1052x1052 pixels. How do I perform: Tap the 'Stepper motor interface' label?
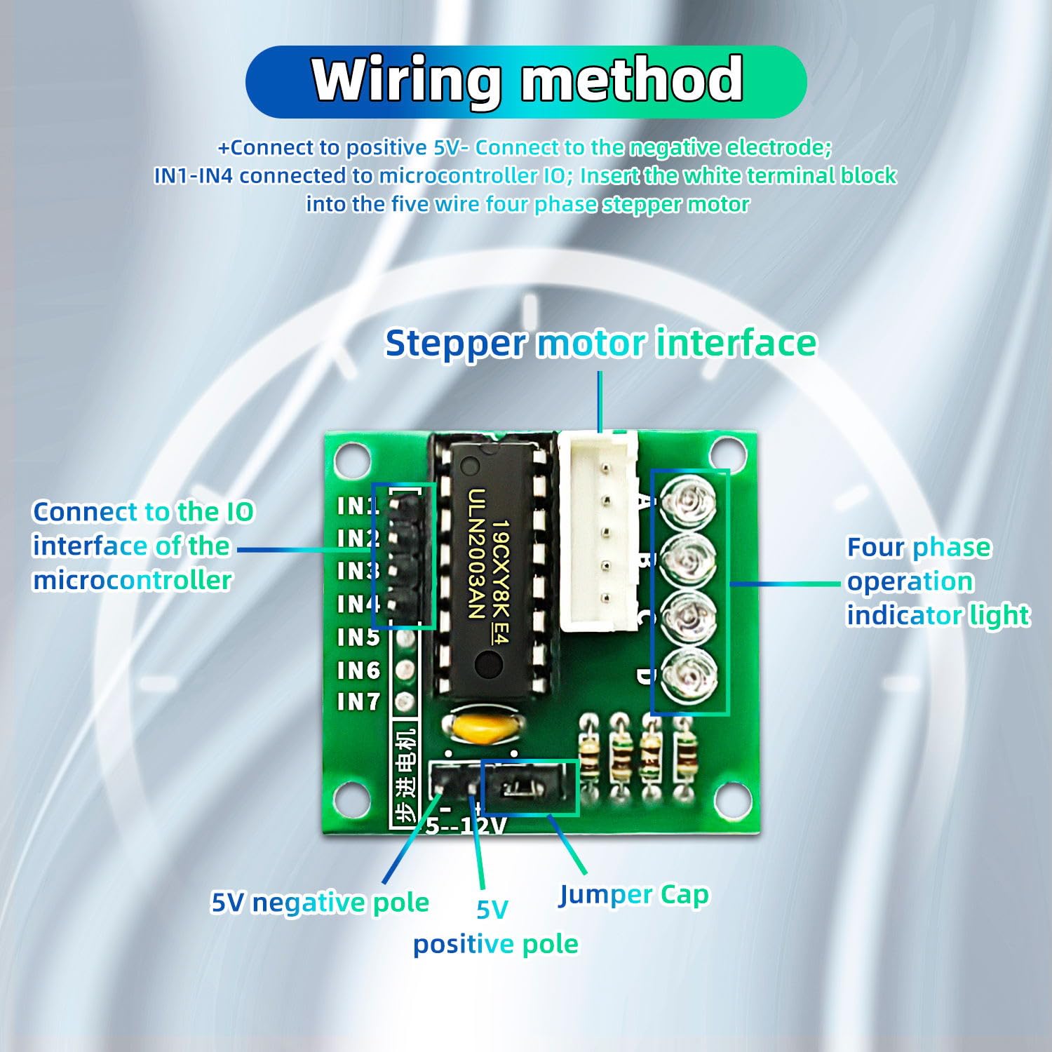601,344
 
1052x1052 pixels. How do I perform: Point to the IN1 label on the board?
358,506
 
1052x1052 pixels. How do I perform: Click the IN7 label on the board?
358,701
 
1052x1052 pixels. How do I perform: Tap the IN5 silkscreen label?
358,637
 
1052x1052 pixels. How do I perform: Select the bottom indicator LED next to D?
689,677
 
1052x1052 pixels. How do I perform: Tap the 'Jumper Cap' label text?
633,895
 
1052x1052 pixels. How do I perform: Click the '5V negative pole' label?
320,903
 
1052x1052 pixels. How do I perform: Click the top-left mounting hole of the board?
352,461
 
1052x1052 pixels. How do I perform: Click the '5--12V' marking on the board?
465,825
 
